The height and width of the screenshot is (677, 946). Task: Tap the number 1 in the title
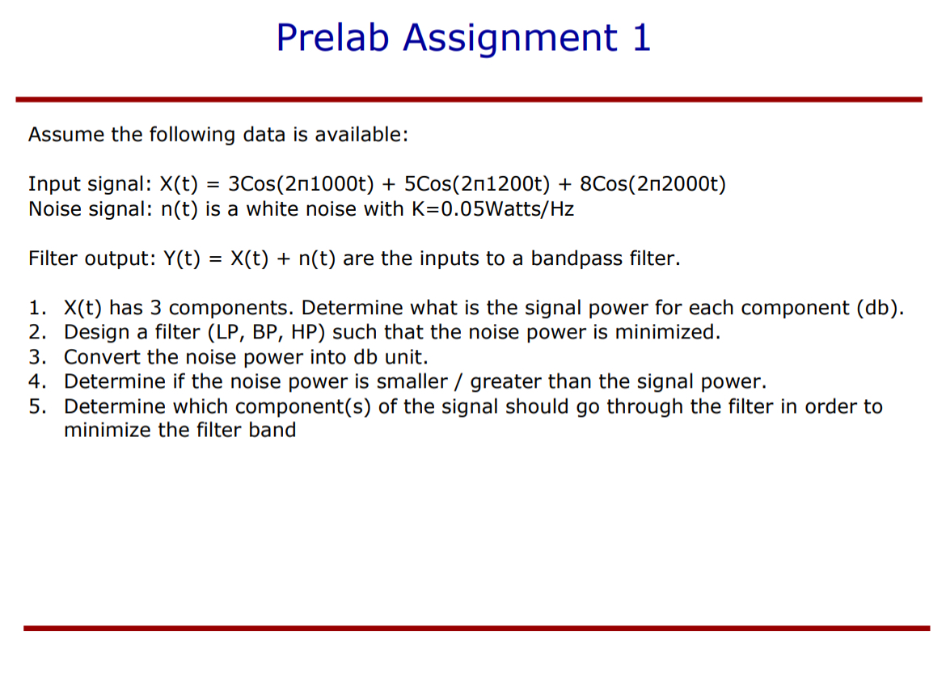point(641,38)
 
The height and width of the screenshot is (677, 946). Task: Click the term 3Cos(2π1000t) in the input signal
point(301,184)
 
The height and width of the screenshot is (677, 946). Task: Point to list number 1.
point(36,308)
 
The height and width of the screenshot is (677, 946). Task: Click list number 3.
point(36,357)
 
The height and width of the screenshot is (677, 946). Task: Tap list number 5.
point(36,406)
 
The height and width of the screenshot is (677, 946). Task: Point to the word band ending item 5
point(272,430)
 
